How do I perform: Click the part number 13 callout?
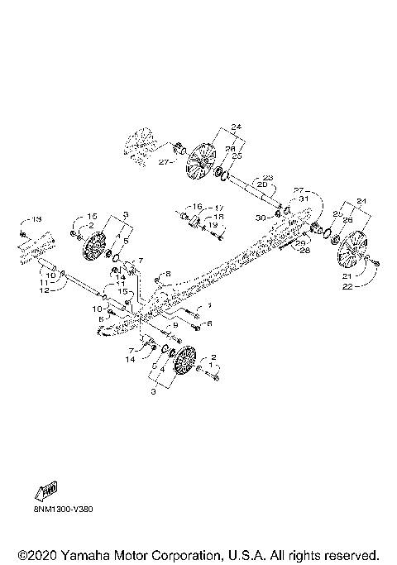click(x=36, y=221)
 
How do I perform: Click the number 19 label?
click(x=213, y=225)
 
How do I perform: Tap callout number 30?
click(x=260, y=218)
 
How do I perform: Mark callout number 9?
click(x=175, y=326)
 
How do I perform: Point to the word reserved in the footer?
click(x=347, y=553)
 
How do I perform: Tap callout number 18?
click(x=220, y=216)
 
